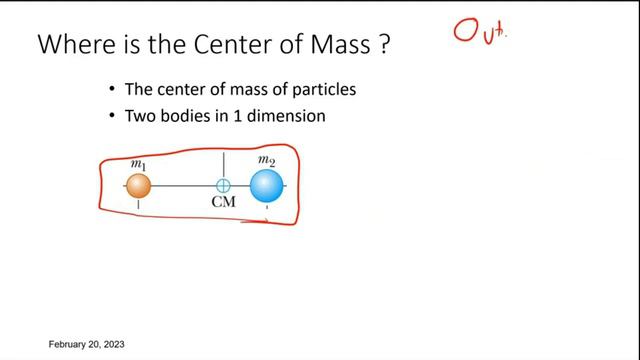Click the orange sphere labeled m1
click(138, 185)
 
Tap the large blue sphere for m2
click(266, 186)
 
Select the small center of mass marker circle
click(224, 185)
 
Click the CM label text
click(223, 205)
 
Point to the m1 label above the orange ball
click(139, 163)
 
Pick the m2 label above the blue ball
click(266, 159)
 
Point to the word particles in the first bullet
click(323, 90)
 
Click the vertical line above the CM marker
click(224, 165)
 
